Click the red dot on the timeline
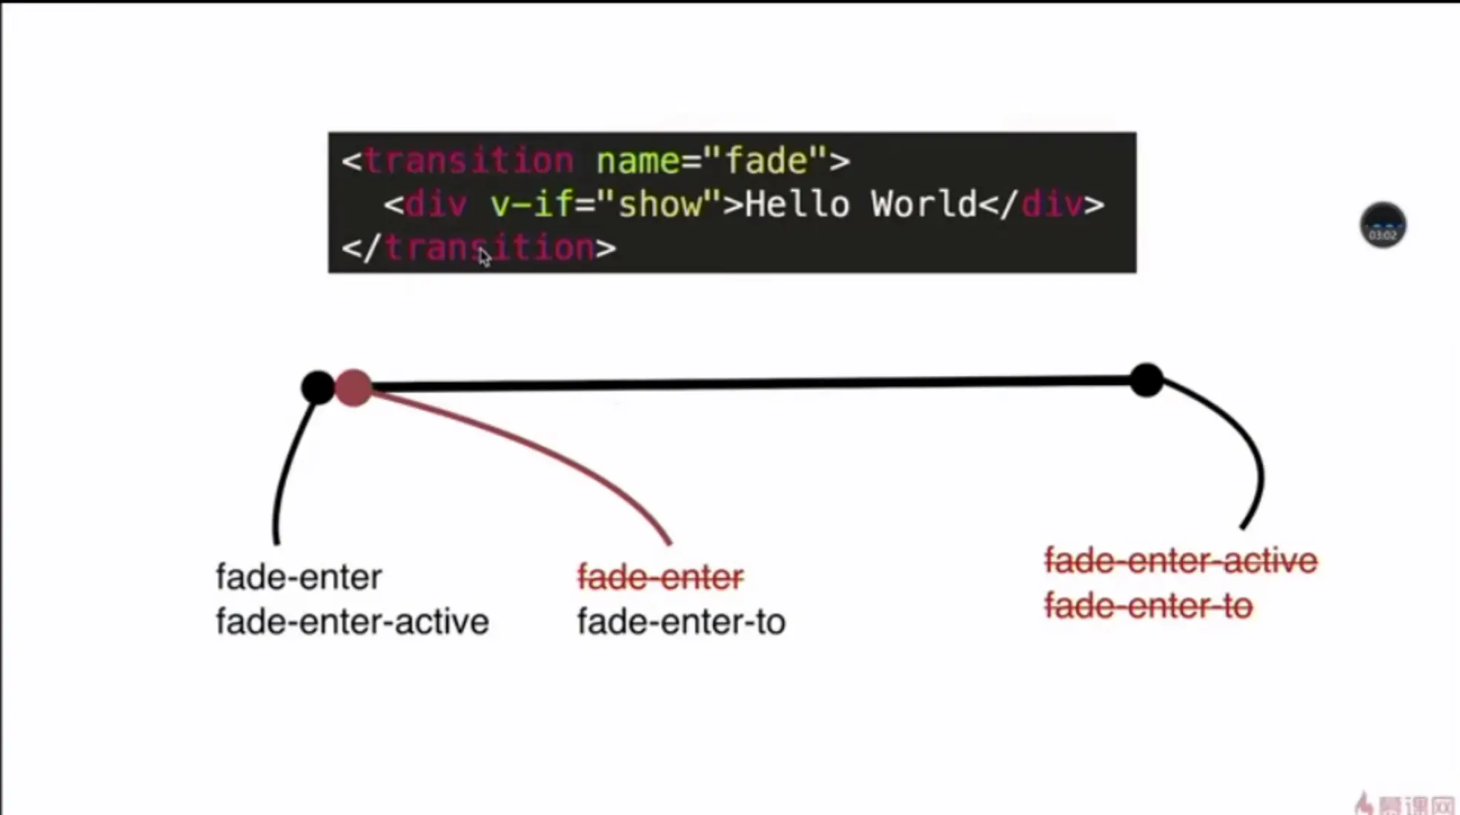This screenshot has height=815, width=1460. (x=354, y=387)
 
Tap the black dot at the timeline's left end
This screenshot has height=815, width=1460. (x=318, y=387)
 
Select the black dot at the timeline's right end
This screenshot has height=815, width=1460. (x=1147, y=380)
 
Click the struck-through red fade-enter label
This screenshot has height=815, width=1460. (x=660, y=577)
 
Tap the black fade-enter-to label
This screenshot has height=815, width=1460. (x=681, y=622)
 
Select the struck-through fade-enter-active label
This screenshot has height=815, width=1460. (x=1181, y=561)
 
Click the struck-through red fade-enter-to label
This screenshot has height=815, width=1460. (x=1148, y=606)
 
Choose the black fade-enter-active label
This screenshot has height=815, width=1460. (x=352, y=622)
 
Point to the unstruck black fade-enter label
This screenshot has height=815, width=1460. (x=299, y=577)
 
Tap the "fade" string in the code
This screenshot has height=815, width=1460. (x=766, y=161)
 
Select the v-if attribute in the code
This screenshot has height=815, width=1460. (x=531, y=204)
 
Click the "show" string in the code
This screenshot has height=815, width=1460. (x=660, y=204)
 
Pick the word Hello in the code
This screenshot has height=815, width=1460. (x=797, y=204)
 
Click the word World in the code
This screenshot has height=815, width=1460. (x=924, y=204)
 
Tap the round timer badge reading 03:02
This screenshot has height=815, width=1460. (x=1382, y=225)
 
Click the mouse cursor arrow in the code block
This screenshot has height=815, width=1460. (x=484, y=257)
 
